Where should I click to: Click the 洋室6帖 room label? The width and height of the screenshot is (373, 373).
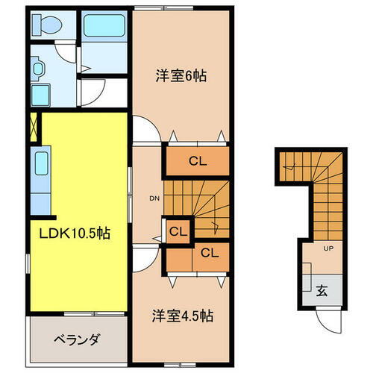[181, 75]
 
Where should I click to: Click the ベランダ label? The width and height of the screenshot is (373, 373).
[77, 339]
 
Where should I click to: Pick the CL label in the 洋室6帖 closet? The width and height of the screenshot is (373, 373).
[197, 160]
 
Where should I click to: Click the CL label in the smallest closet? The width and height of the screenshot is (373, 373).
[178, 231]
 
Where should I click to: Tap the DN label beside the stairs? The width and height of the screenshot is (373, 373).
[154, 198]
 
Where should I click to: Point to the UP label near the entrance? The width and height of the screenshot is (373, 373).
[328, 250]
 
